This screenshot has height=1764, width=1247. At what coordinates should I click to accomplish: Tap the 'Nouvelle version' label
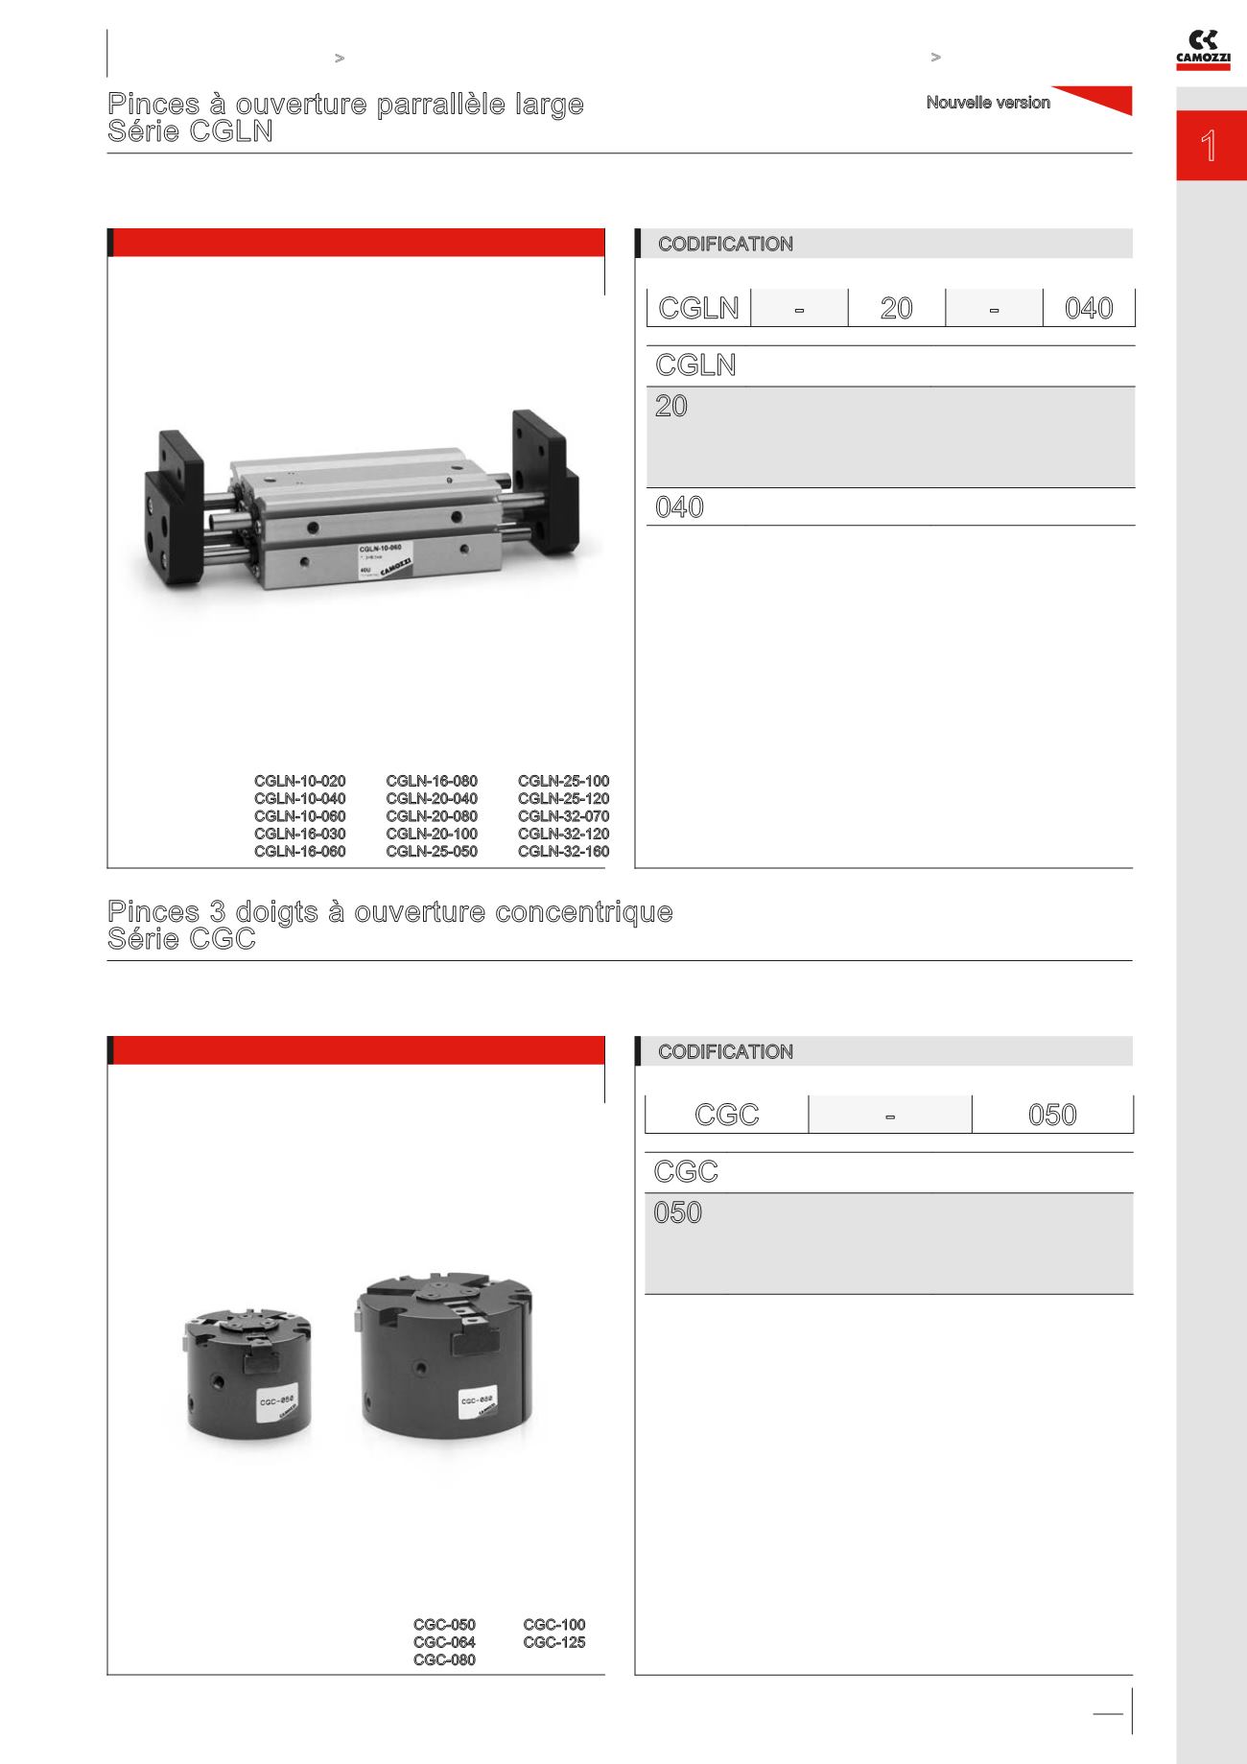(988, 103)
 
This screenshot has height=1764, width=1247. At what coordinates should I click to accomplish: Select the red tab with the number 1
(1212, 147)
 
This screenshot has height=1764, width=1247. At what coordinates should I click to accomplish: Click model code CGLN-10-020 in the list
(300, 781)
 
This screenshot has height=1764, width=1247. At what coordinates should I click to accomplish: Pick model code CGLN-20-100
(432, 834)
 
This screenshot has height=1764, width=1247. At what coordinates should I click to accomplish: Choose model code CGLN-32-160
(564, 851)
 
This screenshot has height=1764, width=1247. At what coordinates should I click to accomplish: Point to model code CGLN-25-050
(432, 851)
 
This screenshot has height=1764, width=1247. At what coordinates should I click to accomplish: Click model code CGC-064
(444, 1642)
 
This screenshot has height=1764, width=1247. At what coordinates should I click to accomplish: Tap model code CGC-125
(554, 1642)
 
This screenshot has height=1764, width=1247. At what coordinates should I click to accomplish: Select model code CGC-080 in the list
(444, 1660)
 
